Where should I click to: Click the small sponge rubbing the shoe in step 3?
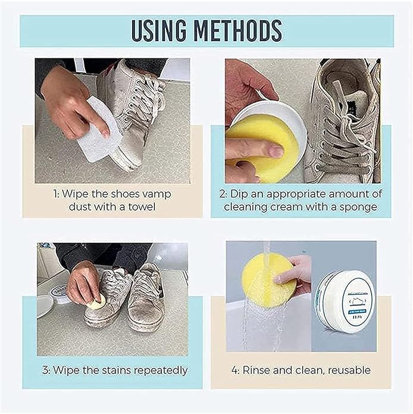[97, 302]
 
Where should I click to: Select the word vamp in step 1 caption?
[162, 194]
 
